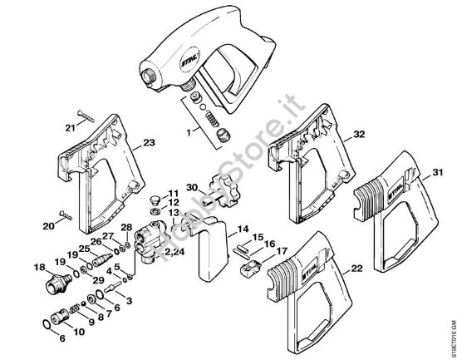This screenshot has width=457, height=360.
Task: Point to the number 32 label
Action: point(359,134)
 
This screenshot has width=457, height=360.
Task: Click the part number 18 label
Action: point(37,267)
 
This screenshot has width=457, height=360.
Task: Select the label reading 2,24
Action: point(174,251)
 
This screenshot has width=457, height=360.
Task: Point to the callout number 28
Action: point(126,228)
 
